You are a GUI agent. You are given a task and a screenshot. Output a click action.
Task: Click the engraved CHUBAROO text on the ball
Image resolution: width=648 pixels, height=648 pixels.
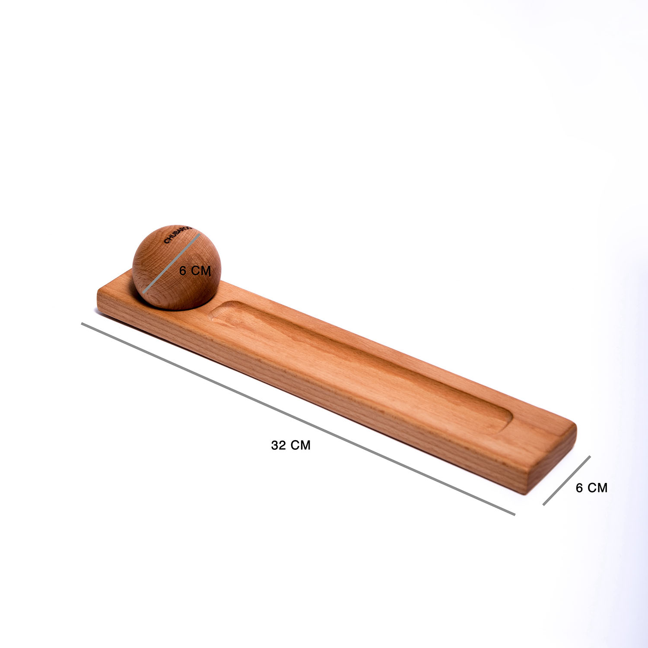click(177, 233)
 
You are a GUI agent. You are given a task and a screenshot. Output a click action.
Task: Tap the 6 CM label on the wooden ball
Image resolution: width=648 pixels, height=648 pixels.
click(195, 271)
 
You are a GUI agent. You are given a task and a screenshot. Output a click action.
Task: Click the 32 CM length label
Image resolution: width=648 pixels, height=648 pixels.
click(291, 445)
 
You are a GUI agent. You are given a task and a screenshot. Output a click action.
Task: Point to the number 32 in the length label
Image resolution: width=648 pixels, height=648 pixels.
click(278, 445)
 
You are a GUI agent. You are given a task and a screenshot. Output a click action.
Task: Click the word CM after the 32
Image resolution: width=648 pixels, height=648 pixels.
click(301, 445)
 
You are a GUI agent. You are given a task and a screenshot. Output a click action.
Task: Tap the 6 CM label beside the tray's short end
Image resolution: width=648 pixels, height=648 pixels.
click(591, 488)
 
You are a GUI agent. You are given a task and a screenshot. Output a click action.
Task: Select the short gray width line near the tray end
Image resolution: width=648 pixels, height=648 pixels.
click(567, 480)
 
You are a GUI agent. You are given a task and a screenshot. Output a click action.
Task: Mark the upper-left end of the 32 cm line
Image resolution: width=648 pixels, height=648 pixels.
click(82, 323)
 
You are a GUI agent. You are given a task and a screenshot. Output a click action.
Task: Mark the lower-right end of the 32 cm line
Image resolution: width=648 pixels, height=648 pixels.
click(515, 514)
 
